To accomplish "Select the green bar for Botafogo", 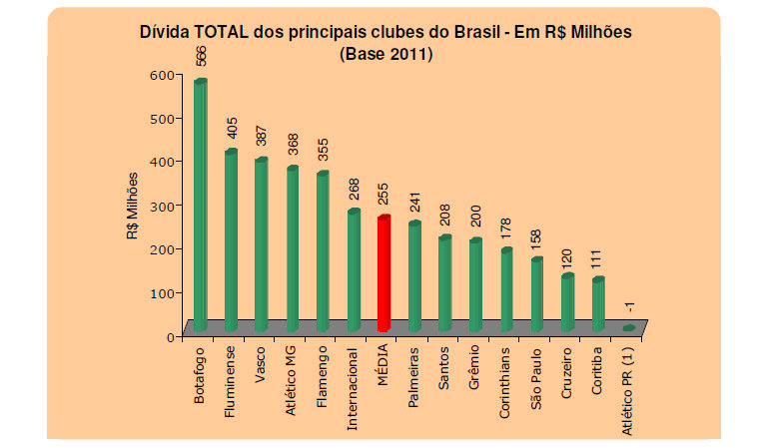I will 200,205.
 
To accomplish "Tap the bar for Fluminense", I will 230,239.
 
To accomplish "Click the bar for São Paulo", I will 536,294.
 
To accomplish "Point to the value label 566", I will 201,55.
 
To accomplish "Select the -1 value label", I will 629,309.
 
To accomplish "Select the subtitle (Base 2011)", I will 387,53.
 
